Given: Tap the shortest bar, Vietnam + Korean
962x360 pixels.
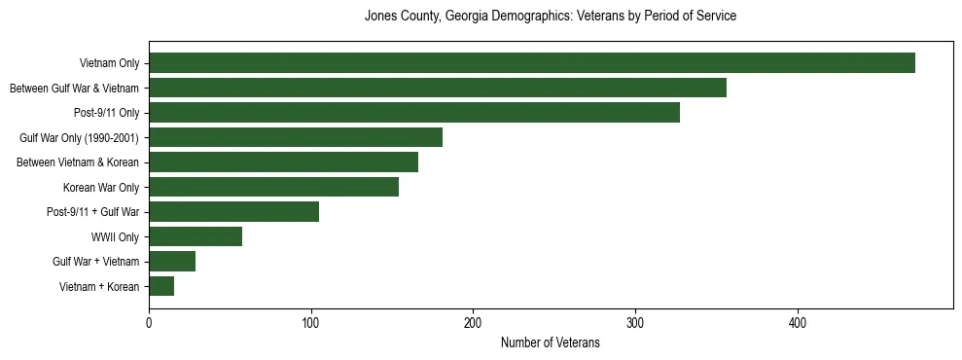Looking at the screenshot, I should (x=161, y=286).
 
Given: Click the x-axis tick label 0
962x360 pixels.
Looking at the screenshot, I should (x=149, y=322).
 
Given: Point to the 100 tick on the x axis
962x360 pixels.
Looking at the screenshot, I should (x=311, y=322).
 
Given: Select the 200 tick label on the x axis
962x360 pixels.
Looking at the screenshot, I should (x=473, y=322).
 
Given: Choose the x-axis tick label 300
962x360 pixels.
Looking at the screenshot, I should (x=635, y=322).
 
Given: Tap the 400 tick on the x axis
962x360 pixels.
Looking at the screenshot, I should (x=798, y=322).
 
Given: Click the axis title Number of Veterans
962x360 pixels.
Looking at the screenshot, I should (x=550, y=343).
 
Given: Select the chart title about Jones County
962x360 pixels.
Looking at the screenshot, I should (x=550, y=17).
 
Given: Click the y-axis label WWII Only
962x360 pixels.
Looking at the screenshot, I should (x=115, y=236).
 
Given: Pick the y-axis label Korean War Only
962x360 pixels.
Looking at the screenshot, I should (x=101, y=187).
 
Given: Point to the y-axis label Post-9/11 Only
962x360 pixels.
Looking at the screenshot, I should (x=106, y=113).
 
